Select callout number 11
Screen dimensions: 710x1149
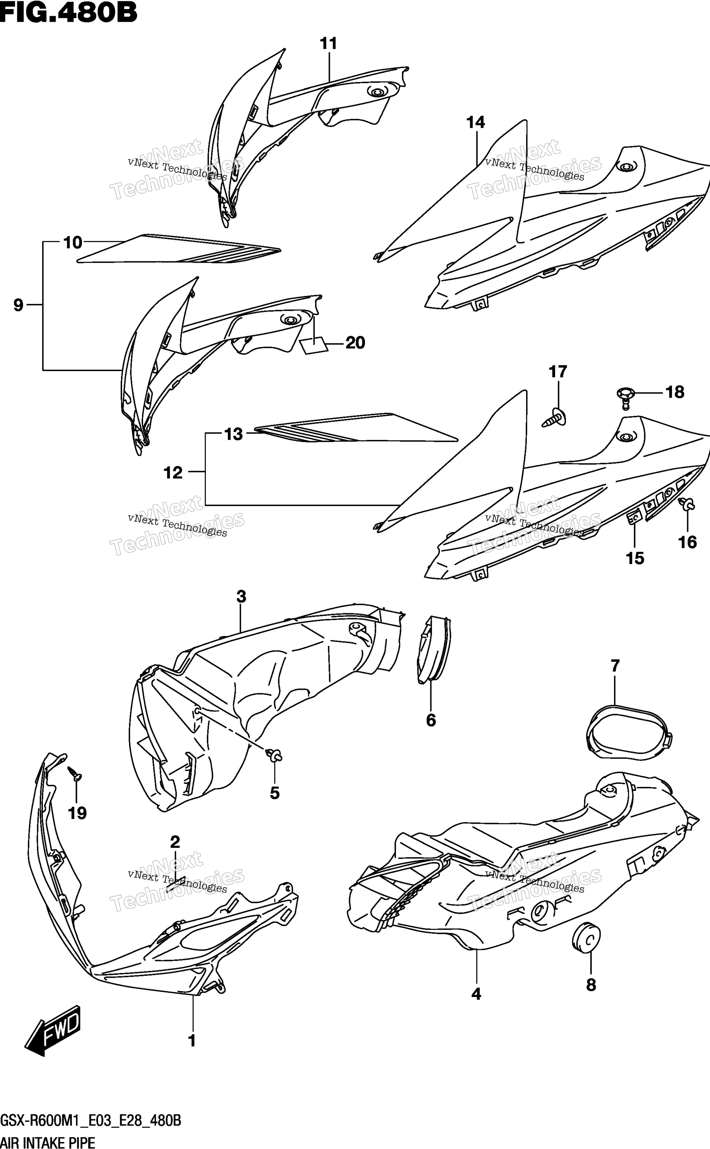pyautogui.click(x=329, y=44)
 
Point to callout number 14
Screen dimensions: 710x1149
pyautogui.click(x=475, y=123)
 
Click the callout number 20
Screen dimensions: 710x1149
pyautogui.click(x=355, y=343)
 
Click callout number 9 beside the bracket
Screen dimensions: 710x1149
pyautogui.click(x=18, y=305)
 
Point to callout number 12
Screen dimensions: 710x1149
pyautogui.click(x=173, y=472)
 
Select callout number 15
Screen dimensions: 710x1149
pyautogui.click(x=635, y=558)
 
